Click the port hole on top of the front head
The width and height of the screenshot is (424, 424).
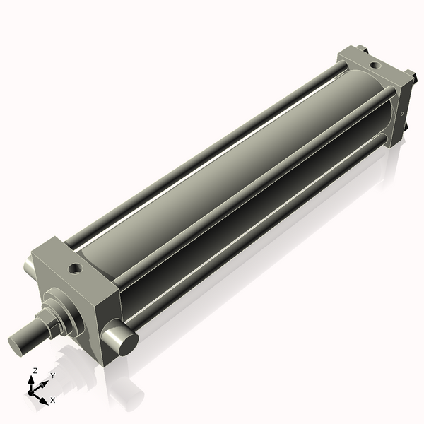pos(74,269)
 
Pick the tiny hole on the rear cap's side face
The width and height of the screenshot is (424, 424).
pos(403,112)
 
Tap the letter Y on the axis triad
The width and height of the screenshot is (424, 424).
pos(52,375)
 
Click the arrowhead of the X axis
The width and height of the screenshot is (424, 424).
pos(45,396)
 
